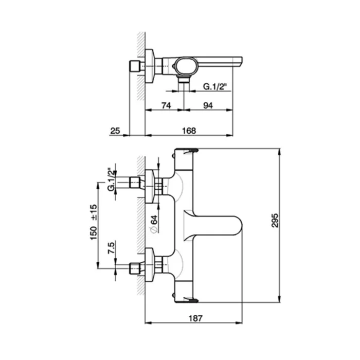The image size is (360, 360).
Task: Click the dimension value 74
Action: pyautogui.click(x=166, y=105)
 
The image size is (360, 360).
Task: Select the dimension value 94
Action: pyautogui.click(x=208, y=105)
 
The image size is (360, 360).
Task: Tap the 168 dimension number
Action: pyautogui.click(x=189, y=131)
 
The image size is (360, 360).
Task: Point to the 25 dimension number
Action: pyautogui.click(x=115, y=131)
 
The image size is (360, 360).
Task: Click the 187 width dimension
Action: pyautogui.click(x=195, y=318)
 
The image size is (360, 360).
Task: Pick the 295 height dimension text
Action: pyautogui.click(x=275, y=221)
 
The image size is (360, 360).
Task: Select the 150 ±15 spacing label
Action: pyautogui.click(x=94, y=222)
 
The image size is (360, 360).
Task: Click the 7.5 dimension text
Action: pyautogui.click(x=111, y=248)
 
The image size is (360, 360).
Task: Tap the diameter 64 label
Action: pyautogui.click(x=154, y=224)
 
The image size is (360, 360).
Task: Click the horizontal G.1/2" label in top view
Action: pyautogui.click(x=215, y=86)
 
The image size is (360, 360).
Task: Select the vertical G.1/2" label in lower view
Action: pyautogui.click(x=111, y=179)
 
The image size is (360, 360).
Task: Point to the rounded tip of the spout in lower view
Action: pyautogui.click(x=242, y=225)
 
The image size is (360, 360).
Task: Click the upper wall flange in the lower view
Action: pyautogui.click(x=150, y=186)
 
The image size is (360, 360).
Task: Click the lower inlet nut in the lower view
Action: pyautogui.click(x=134, y=268)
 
